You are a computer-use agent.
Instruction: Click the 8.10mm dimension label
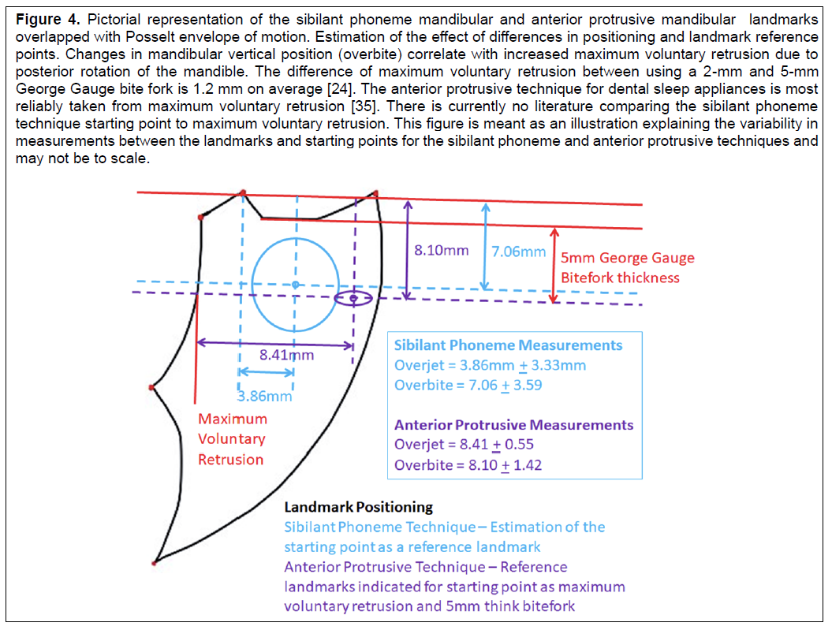(442, 250)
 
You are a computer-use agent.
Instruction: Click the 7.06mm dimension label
(518, 252)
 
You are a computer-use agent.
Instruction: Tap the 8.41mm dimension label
(286, 355)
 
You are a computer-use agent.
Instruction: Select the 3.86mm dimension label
(264, 396)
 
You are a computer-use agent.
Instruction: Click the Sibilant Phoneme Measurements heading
(508, 345)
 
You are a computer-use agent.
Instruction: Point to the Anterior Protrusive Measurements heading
(513, 425)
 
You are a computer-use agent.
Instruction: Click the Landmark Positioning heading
(359, 508)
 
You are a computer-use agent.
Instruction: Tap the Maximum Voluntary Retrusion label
(233, 439)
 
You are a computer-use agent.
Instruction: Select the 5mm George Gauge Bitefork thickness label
(627, 268)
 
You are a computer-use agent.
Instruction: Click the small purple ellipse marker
(353, 299)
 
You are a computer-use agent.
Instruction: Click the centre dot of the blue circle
(296, 285)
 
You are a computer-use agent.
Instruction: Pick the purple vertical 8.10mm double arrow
(408, 250)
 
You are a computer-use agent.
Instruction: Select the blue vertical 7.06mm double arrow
(485, 247)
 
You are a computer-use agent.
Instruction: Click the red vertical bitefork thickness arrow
(554, 266)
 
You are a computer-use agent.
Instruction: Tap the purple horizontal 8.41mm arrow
(275, 344)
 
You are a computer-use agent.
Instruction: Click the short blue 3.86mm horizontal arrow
(267, 372)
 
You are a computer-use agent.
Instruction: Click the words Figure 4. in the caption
(48, 20)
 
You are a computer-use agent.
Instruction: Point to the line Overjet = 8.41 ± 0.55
(464, 445)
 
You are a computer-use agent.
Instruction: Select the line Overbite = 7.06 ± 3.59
(468, 385)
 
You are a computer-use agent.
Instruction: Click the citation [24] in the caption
(340, 89)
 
